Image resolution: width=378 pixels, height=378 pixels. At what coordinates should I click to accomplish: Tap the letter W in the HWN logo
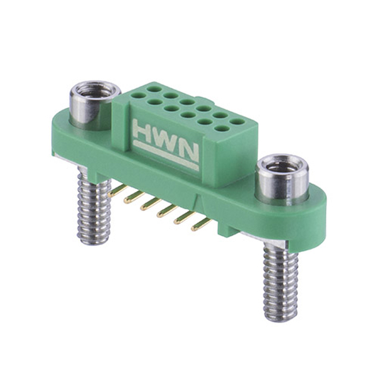(x=168, y=140)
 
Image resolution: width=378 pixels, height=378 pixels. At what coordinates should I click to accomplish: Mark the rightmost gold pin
(x=200, y=223)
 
